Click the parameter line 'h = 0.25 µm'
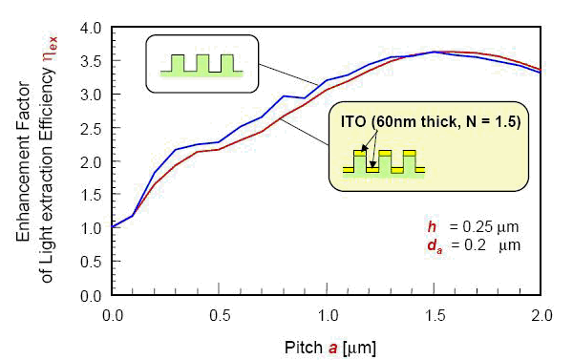[464, 226]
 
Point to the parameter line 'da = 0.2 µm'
[464, 244]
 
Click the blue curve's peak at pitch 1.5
[435, 52]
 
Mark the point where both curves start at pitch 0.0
[113, 227]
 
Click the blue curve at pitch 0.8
[284, 96]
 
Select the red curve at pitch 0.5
[220, 149]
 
